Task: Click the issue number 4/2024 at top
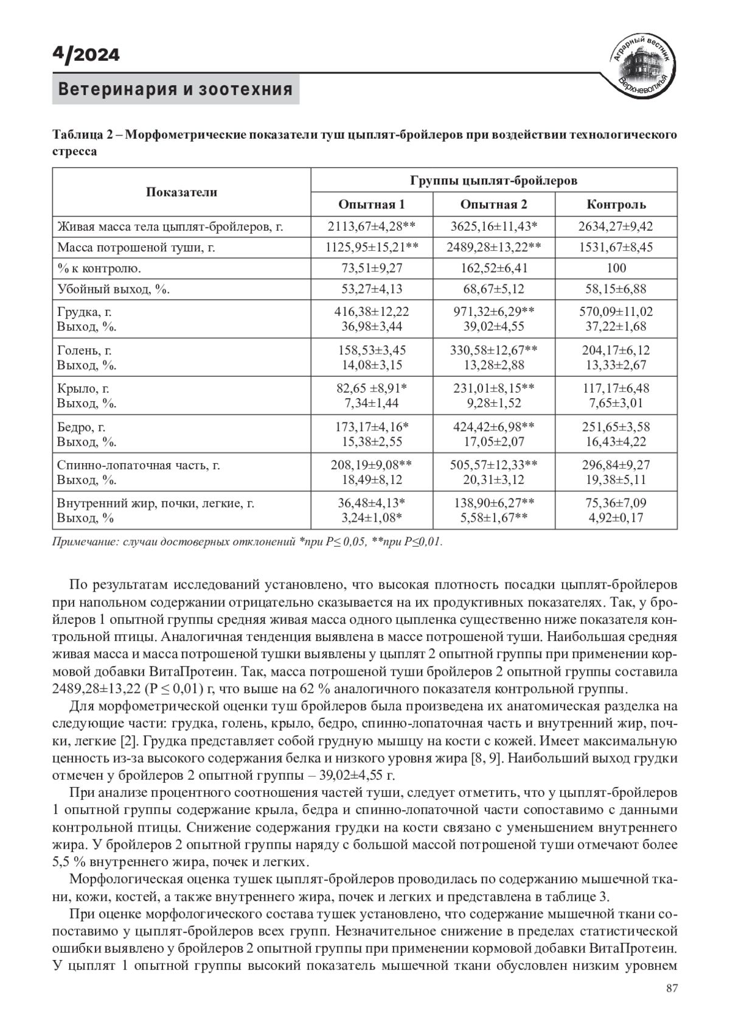86,55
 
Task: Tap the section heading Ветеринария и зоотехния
175,89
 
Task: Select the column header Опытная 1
371,205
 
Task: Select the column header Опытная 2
493,205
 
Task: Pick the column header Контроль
616,205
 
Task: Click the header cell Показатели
181,192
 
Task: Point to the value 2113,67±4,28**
371,227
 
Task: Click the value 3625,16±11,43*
493,227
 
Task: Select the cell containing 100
616,268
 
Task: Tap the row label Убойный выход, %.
113,289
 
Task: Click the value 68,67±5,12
493,289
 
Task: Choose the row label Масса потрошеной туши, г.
136,248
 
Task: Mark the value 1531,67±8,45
616,248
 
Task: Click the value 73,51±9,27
371,268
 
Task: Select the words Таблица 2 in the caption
79,135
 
